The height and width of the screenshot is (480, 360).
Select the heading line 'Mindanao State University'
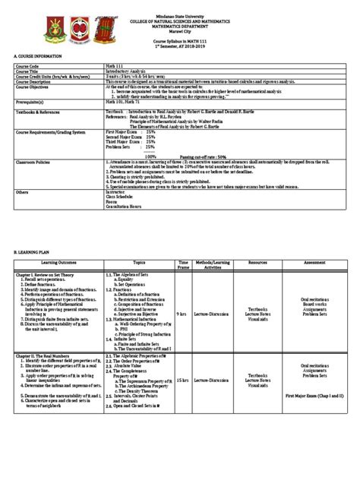pyautogui.click(x=179, y=14)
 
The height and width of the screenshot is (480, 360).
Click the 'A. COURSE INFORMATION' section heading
pyautogui.click(x=34, y=57)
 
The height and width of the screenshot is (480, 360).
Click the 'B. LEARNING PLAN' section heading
pyautogui.click(x=30, y=248)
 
